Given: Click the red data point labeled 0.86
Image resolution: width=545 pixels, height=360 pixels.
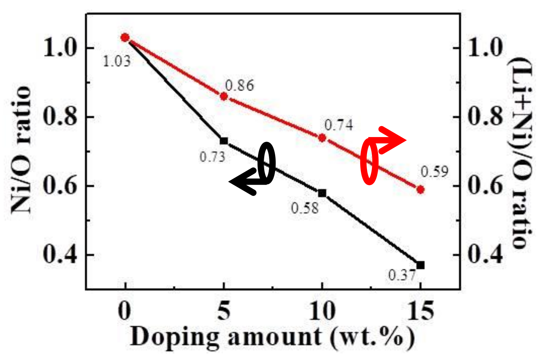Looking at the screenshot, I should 224,96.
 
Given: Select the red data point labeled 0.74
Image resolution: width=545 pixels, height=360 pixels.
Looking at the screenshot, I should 322,138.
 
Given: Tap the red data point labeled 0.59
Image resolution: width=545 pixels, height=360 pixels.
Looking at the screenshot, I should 420,189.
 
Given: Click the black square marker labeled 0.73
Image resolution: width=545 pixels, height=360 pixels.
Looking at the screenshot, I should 224,141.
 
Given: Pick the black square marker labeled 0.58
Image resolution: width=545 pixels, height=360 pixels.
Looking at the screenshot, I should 322,193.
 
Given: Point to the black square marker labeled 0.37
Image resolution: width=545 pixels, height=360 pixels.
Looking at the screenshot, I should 420,265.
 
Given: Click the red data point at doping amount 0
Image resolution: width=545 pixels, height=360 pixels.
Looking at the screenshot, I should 125,37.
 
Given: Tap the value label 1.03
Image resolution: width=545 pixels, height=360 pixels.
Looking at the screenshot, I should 117,61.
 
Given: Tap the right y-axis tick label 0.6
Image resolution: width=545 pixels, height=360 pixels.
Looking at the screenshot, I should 485,186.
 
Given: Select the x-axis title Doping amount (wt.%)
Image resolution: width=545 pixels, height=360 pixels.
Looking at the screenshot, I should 272,337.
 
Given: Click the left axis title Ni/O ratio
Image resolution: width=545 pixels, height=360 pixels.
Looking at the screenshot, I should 21,149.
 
